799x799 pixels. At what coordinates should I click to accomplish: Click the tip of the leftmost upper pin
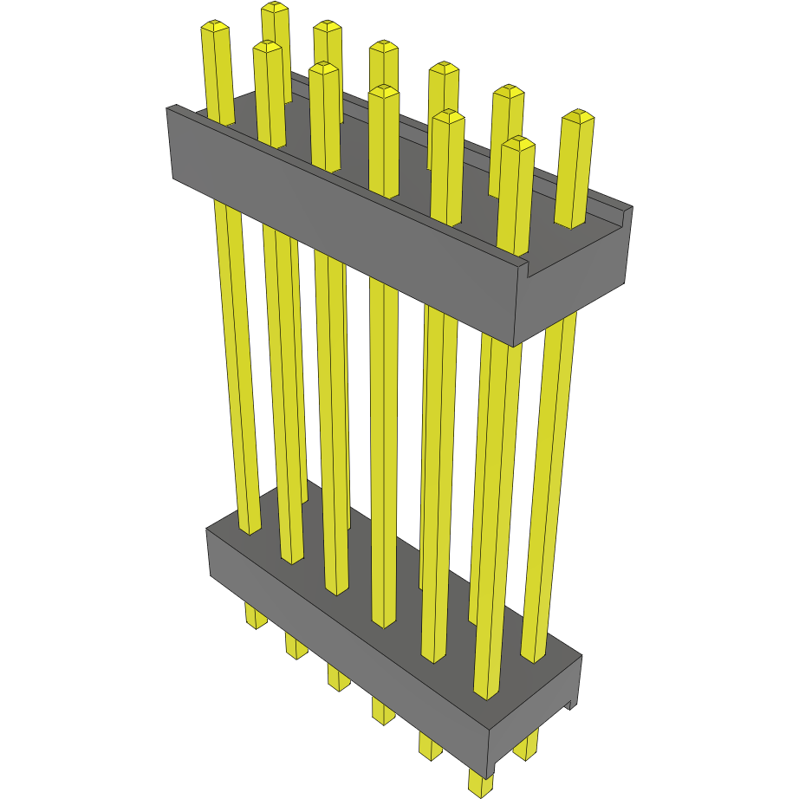pos(216,29)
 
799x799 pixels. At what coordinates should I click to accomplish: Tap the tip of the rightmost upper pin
pos(577,115)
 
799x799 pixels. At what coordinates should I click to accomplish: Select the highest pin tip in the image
pos(275,8)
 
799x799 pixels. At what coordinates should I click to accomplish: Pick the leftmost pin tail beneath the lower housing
pos(255,618)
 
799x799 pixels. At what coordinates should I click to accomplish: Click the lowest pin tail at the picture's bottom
pos(478,782)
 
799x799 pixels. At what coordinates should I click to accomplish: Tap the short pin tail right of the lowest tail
pos(525,746)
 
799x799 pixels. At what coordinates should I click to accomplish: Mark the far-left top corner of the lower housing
pos(207,529)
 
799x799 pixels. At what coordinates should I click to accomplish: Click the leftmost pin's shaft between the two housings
pos(237,364)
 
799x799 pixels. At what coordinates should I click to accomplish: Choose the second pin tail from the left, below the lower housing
pos(296,646)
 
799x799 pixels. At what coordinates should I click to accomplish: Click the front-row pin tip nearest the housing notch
pos(517,144)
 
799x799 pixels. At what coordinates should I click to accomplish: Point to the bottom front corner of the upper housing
pos(516,344)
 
